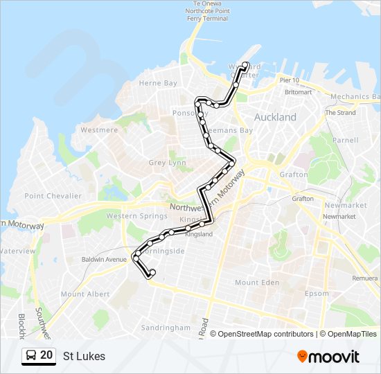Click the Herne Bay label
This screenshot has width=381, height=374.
pos(158,83)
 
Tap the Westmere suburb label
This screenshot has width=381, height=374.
pos(99,130)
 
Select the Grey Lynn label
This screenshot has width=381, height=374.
pos(167,163)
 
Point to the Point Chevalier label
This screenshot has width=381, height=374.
pos(53,196)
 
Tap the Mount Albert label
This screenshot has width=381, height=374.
pos(85,294)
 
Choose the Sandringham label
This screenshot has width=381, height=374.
pos(166,327)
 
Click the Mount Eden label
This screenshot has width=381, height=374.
pos(256,283)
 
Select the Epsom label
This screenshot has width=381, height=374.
pos(317,293)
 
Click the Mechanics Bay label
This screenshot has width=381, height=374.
pos(355,97)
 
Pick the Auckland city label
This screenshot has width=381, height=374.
pos(275,118)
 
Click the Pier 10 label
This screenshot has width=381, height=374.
pos(290,81)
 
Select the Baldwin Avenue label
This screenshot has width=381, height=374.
pos(104,259)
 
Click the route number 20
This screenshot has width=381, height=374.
pos(46,355)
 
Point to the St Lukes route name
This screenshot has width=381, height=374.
pos(84,356)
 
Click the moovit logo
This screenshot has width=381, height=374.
pos(328,356)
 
